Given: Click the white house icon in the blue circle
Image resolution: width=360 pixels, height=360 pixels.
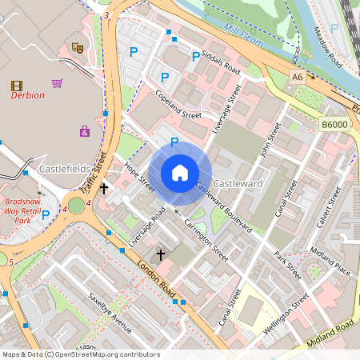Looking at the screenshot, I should (x=180, y=173).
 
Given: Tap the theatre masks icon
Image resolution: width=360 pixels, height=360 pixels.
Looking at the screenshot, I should (x=78, y=48).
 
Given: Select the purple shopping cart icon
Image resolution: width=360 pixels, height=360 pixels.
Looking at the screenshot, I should (x=58, y=82).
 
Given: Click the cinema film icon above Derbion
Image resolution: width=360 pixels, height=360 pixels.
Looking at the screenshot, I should (x=17, y=85).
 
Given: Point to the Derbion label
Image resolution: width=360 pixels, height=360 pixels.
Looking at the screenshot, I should (x=28, y=96).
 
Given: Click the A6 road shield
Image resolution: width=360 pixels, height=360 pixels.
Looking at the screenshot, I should (x=298, y=77).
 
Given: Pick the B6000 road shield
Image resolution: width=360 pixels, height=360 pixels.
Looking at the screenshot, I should (x=334, y=124).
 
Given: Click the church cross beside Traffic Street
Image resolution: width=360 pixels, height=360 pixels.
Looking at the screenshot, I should (x=104, y=189).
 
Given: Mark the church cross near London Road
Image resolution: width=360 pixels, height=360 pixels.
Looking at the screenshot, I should (x=160, y=254).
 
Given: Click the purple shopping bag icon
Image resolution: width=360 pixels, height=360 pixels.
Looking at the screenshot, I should (x=85, y=131).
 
